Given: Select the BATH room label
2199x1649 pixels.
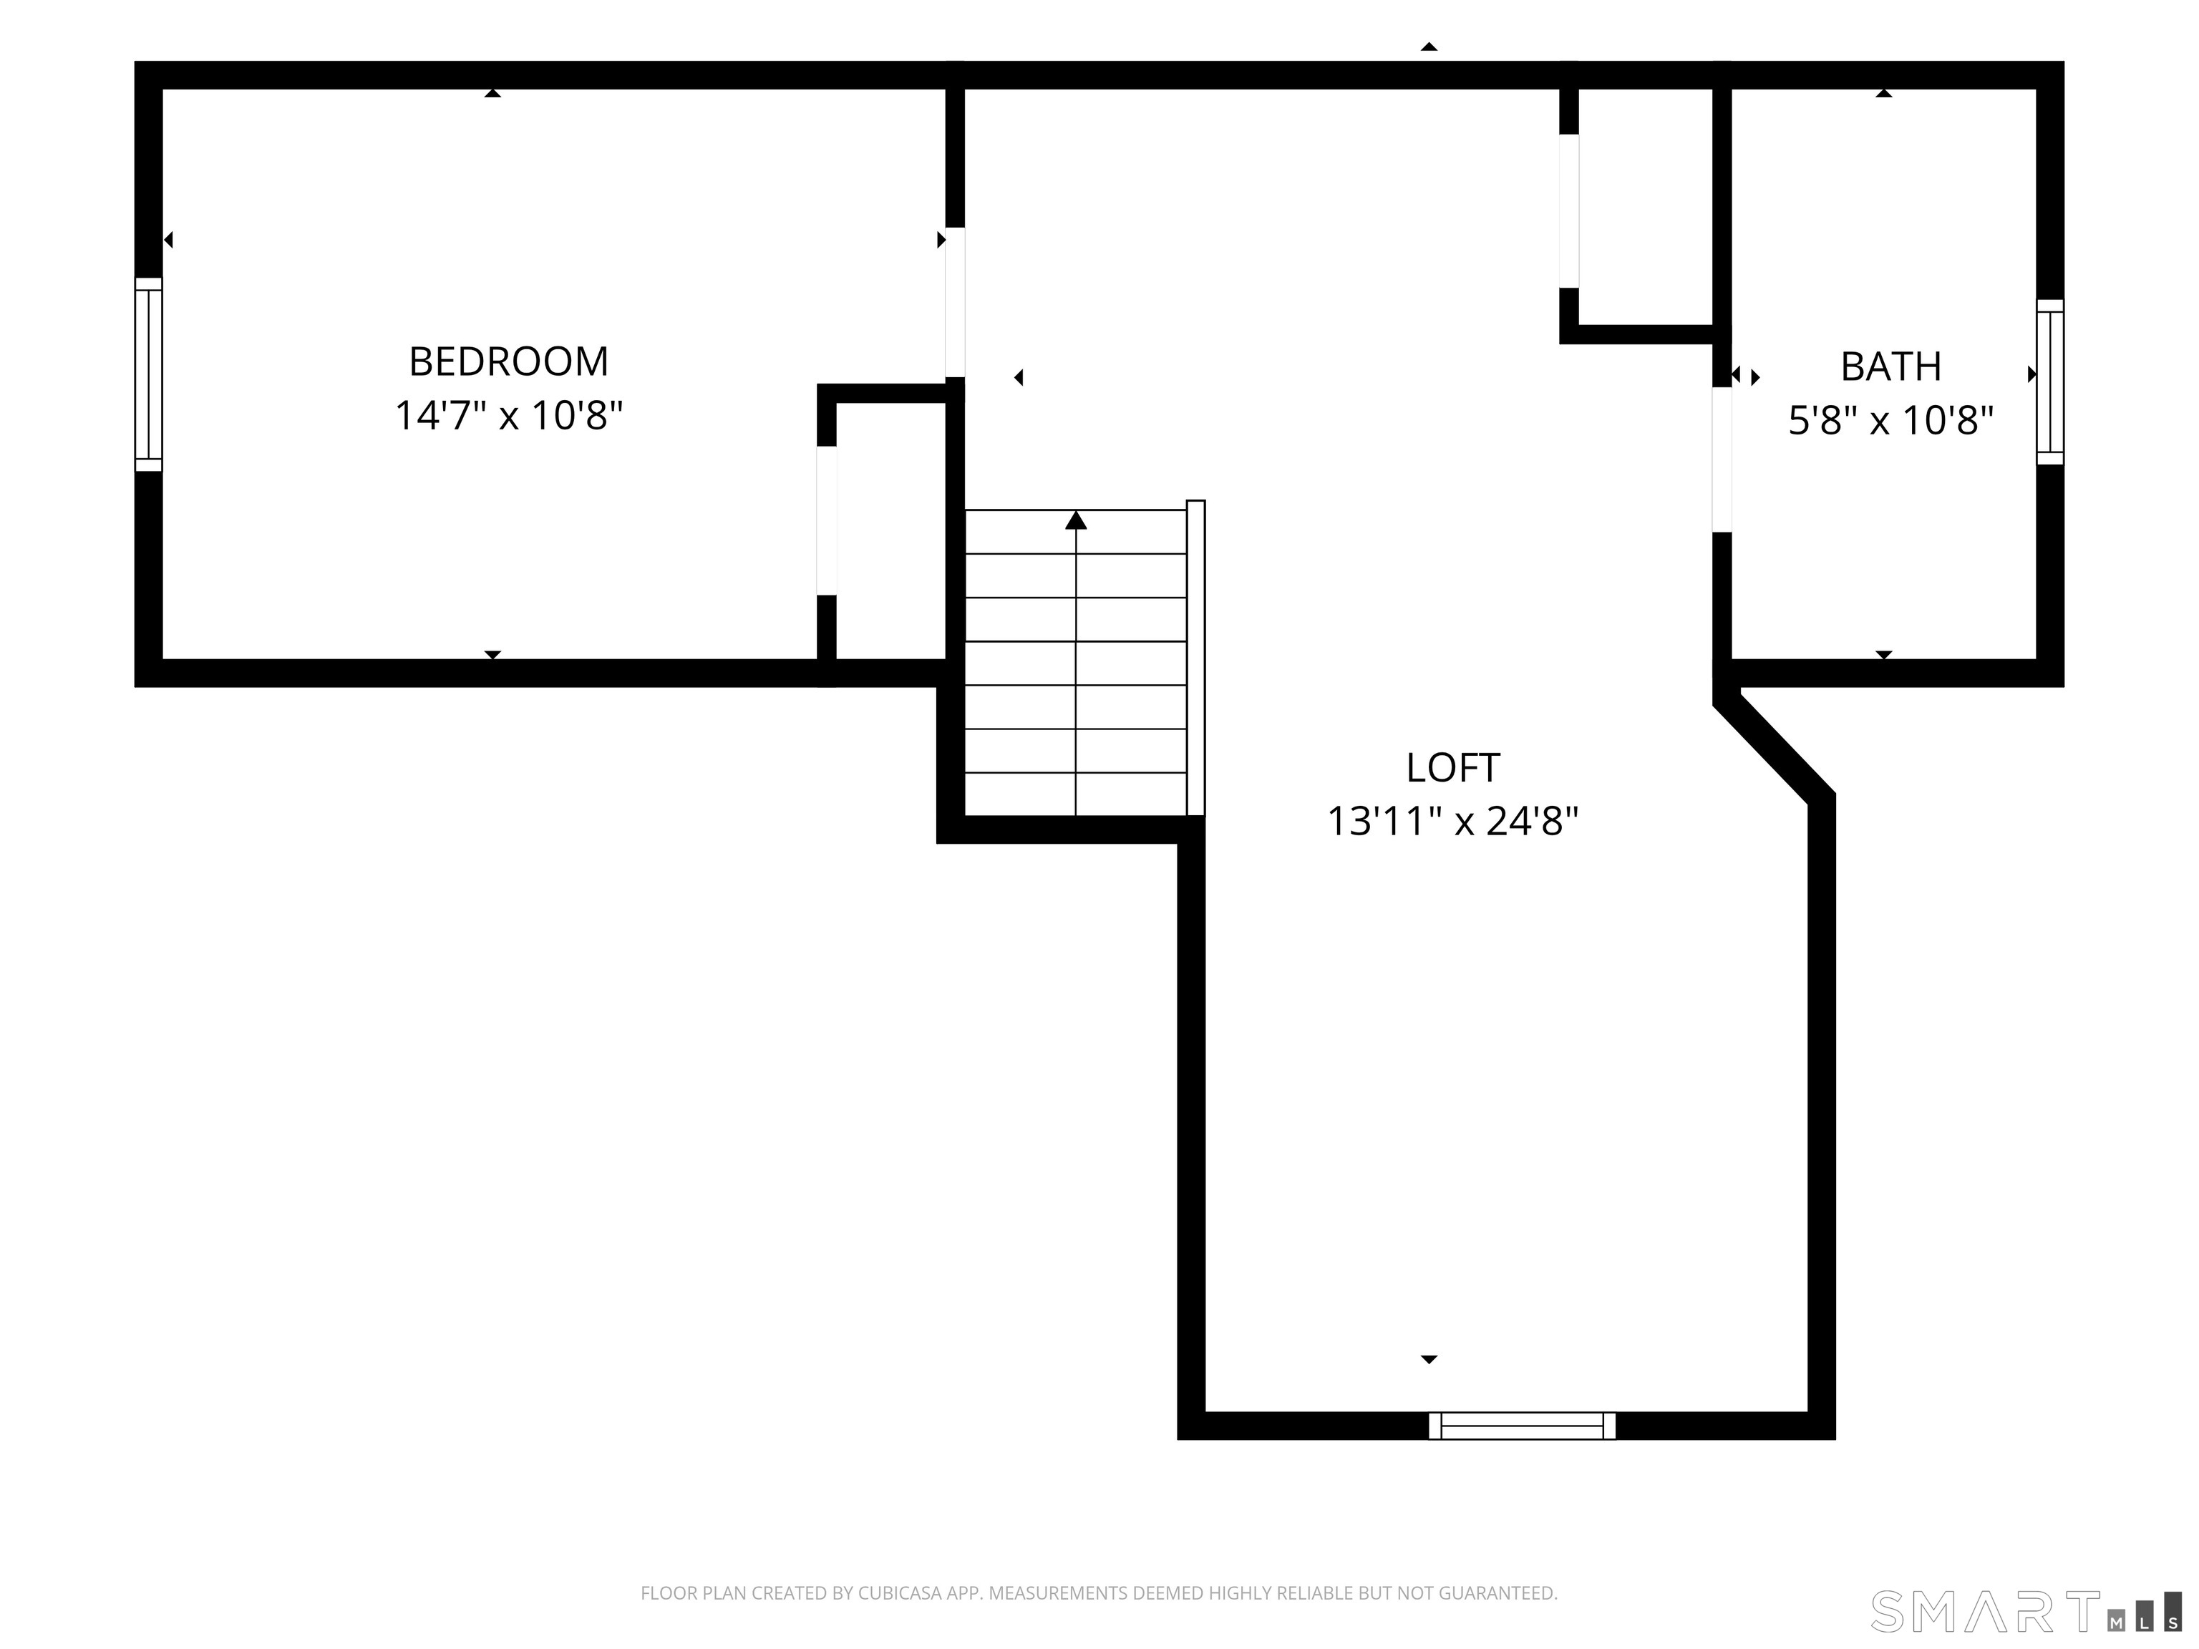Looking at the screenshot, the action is point(1890,366).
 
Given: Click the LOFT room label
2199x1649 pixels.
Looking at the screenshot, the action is point(1452,767).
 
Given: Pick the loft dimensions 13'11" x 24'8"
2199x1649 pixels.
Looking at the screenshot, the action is point(1452,821).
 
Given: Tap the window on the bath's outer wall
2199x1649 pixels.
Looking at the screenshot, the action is point(2050,381).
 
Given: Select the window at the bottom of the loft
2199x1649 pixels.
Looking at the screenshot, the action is point(1522,1426).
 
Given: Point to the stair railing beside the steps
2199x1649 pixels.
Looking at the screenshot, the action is point(1196,658).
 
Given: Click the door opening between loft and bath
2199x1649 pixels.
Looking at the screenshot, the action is point(1722,459).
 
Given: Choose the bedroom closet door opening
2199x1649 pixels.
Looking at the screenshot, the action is point(826,521).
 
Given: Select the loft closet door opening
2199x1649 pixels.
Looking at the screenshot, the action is point(1569,210).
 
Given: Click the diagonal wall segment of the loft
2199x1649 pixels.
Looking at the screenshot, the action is point(1775,746).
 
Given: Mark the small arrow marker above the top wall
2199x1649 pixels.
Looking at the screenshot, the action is point(1429,47).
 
